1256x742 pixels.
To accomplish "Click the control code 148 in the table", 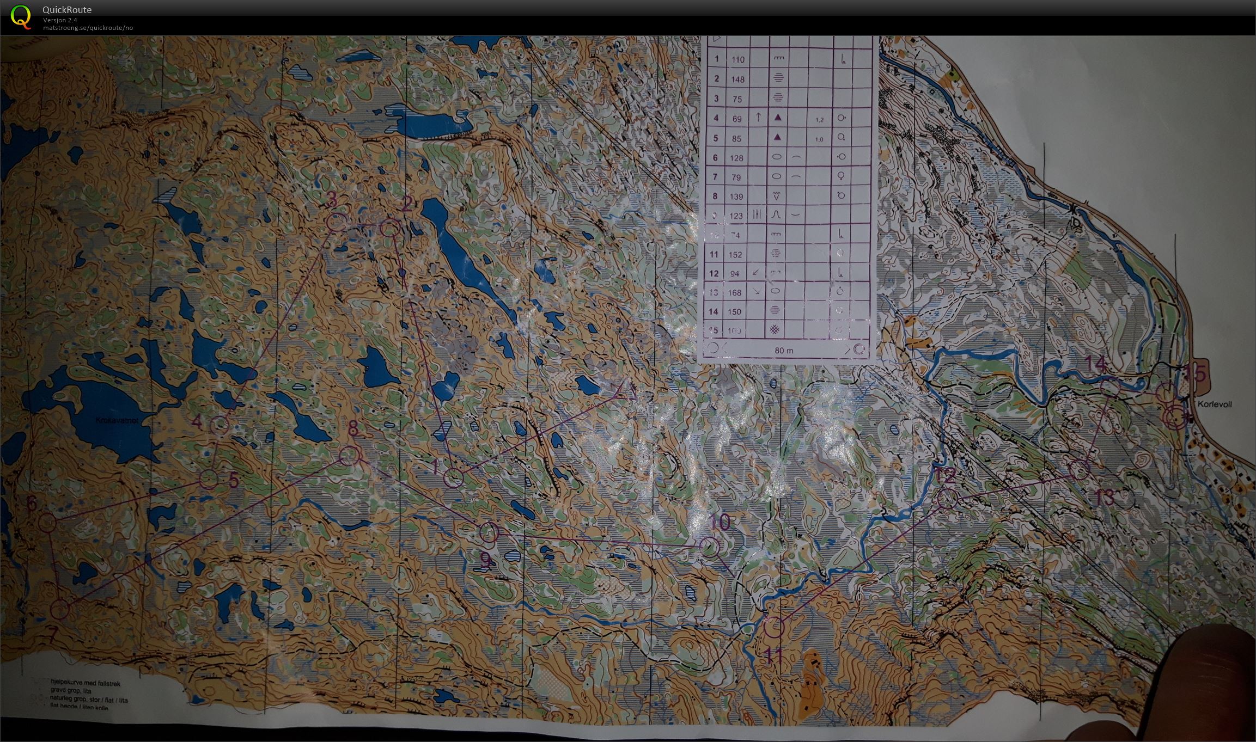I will [737, 79].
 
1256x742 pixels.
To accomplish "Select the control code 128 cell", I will [736, 158].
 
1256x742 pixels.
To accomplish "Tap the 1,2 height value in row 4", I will [819, 120].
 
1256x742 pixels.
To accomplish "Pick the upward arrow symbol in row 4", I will [758, 116].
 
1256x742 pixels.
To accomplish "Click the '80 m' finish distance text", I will [783, 351].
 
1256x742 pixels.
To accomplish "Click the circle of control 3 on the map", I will [337, 222].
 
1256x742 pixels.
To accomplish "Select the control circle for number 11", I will [773, 628].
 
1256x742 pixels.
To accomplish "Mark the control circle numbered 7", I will [60, 610].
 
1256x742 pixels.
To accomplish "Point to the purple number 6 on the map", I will [32, 504].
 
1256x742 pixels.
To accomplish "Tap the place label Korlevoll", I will [1214, 404].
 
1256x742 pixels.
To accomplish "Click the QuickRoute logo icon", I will [21, 16].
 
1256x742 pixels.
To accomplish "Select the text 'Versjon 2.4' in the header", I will [60, 20].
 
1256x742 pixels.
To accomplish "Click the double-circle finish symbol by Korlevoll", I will [1175, 418].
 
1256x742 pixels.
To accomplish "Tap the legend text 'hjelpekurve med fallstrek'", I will [84, 683].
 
